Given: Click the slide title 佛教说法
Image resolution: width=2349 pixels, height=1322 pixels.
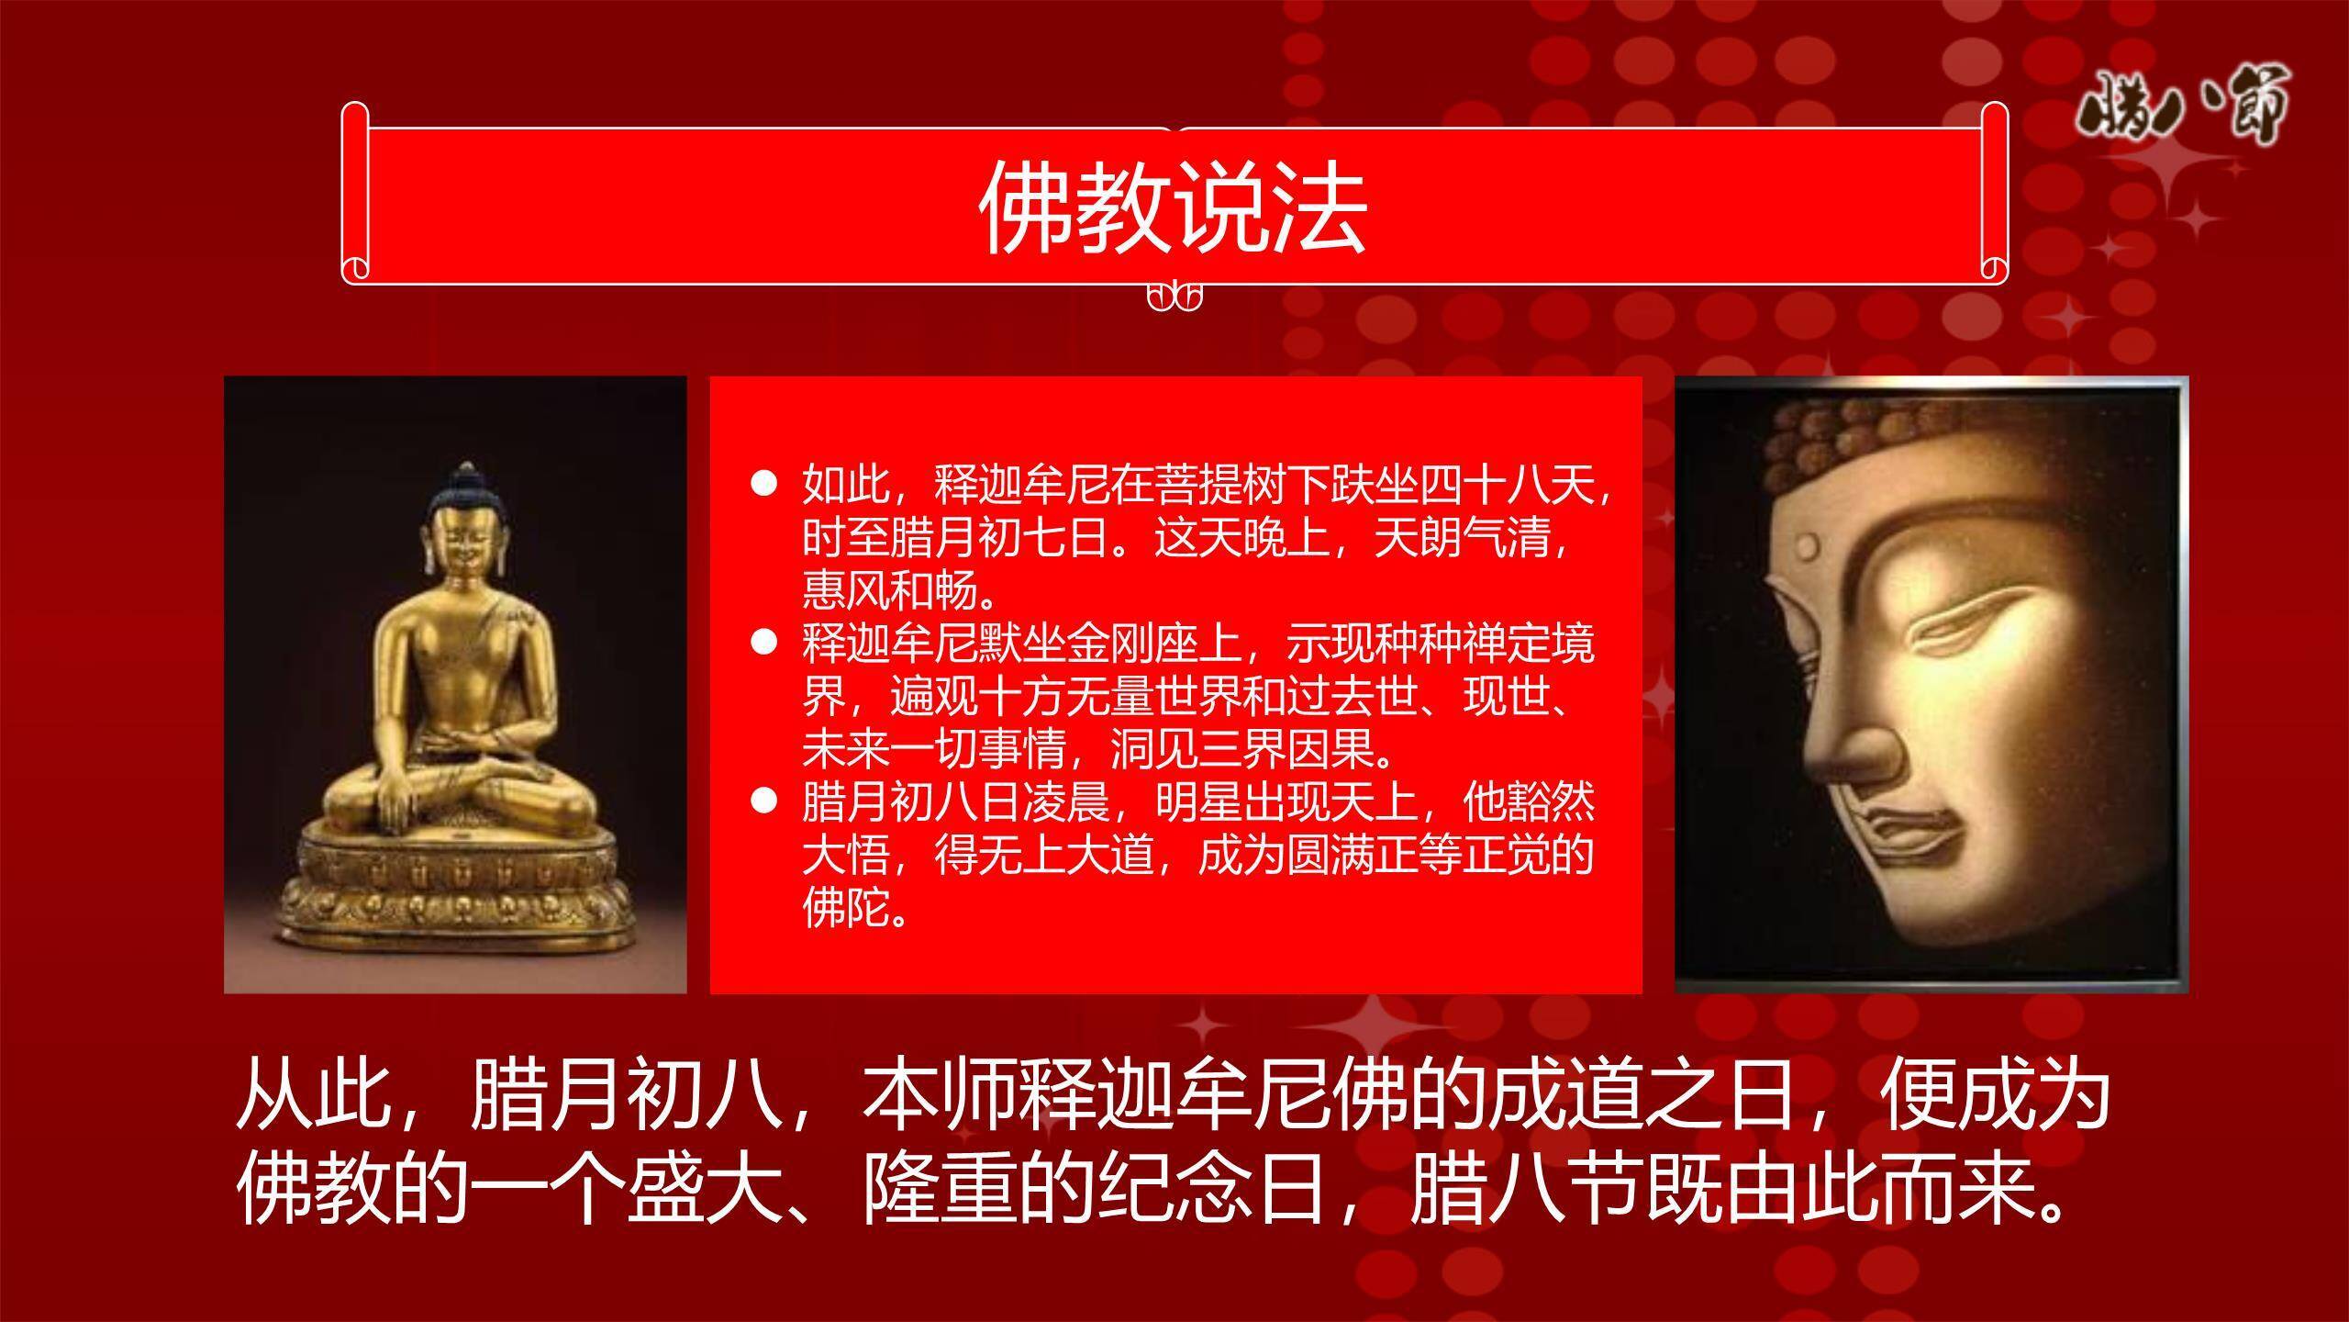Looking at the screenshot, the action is [x=1174, y=207].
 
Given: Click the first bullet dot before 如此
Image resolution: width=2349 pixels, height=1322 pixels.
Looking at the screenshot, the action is [x=763, y=484].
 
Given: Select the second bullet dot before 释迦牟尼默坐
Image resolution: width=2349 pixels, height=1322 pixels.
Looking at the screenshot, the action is [x=763, y=643].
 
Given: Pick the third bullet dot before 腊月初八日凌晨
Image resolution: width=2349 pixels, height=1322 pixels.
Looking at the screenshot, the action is [x=763, y=801].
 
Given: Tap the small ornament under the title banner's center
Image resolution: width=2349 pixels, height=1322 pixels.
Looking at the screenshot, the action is [x=1174, y=297].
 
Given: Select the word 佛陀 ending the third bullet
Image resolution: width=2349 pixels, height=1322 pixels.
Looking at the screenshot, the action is [x=846, y=909].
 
